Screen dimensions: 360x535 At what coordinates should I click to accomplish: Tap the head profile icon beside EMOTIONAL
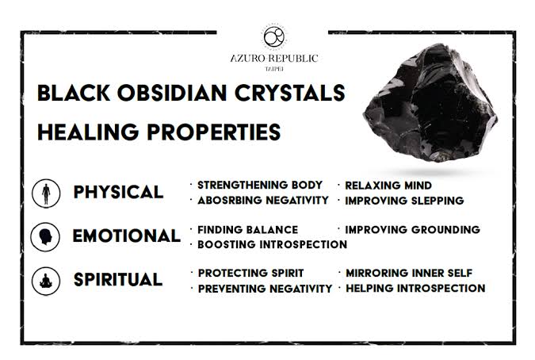(x=46, y=236)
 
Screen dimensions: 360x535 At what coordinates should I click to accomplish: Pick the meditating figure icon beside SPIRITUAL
(x=46, y=280)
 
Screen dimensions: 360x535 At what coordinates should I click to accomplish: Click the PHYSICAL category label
(x=118, y=193)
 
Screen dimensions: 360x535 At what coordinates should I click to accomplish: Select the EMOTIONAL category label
(x=126, y=236)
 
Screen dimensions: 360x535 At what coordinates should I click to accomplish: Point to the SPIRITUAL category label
(x=118, y=280)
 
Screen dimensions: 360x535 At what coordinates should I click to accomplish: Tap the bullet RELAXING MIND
(x=388, y=186)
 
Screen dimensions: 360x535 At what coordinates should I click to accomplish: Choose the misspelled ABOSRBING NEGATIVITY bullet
(x=262, y=201)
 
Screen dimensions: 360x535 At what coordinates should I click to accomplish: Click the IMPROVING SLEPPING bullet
(x=404, y=201)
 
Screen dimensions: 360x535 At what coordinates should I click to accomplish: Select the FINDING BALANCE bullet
(x=247, y=230)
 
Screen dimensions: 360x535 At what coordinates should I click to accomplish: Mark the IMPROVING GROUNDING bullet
(x=412, y=230)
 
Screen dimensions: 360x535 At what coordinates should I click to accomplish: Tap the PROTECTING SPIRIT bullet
(x=250, y=274)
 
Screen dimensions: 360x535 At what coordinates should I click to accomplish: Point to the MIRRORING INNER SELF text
(x=409, y=274)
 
